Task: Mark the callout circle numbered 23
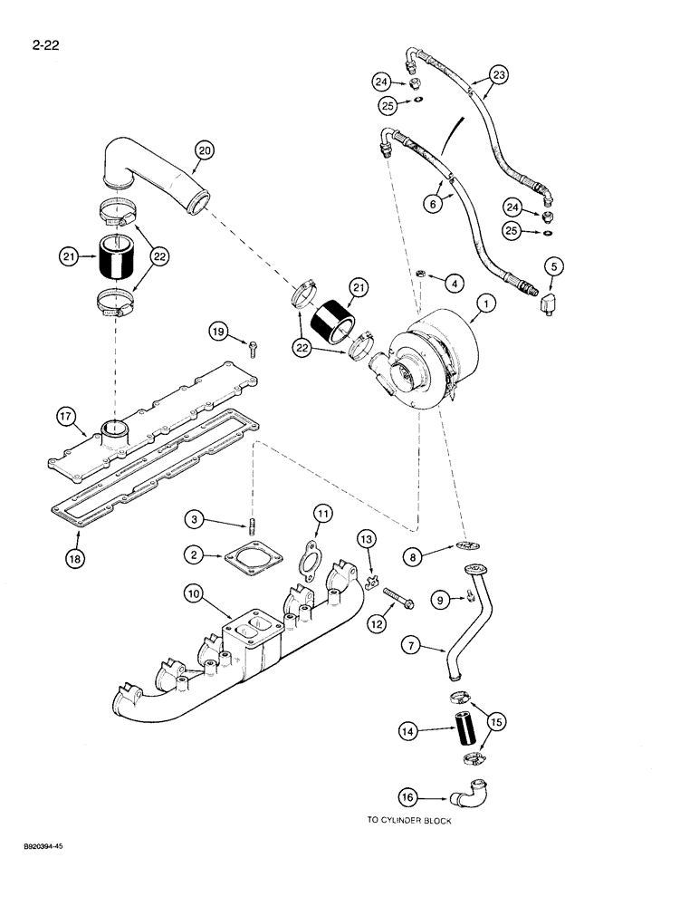click(x=499, y=74)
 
